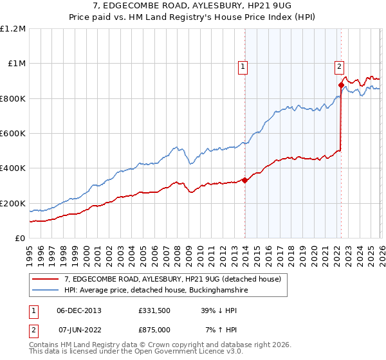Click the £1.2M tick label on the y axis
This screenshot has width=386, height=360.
pos(13,29)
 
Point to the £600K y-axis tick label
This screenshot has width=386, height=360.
pos(13,134)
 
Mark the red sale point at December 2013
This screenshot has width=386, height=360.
pos(244,181)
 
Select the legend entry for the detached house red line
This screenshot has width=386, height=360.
pos(172,280)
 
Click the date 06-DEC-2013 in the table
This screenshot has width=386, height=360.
pos(79,310)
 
